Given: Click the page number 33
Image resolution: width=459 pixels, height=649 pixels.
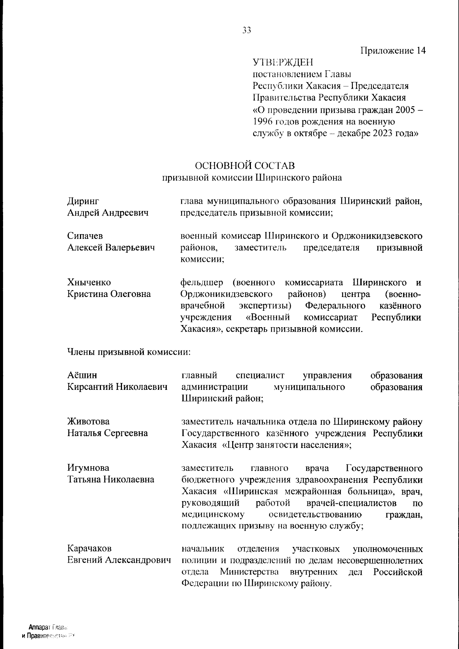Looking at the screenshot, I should [x=247, y=31].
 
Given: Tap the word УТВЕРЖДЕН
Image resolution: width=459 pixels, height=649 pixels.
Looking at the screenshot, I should [x=283, y=62].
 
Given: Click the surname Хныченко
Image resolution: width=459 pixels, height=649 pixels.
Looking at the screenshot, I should [x=89, y=282].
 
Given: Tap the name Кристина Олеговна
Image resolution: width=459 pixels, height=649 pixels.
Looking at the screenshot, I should [x=109, y=294].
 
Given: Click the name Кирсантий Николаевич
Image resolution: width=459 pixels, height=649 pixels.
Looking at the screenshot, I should [x=117, y=387].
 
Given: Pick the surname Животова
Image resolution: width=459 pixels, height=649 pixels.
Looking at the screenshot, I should [x=88, y=422].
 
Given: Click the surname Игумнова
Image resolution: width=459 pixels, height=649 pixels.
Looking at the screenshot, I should [x=88, y=468].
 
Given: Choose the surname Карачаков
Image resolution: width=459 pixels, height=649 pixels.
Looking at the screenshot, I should [x=90, y=549].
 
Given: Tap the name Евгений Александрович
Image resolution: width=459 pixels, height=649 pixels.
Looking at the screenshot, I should [x=119, y=560].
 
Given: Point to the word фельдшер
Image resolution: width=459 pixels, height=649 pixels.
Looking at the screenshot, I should [x=201, y=282].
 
